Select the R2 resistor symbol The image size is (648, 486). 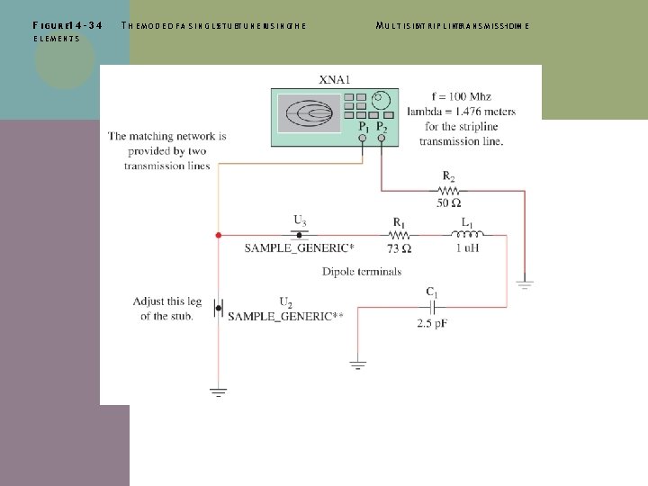tap(447, 191)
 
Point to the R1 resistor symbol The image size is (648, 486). tap(398, 235)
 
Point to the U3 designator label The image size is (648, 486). tap(299, 220)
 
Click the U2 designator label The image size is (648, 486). tap(285, 301)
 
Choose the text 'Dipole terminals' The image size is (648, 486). tap(361, 271)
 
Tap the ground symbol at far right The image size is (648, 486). tap(525, 284)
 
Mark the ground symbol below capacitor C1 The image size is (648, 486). tap(356, 366)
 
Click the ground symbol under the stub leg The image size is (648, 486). tap(218, 391)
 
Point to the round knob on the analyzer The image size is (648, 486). tap(382, 99)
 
